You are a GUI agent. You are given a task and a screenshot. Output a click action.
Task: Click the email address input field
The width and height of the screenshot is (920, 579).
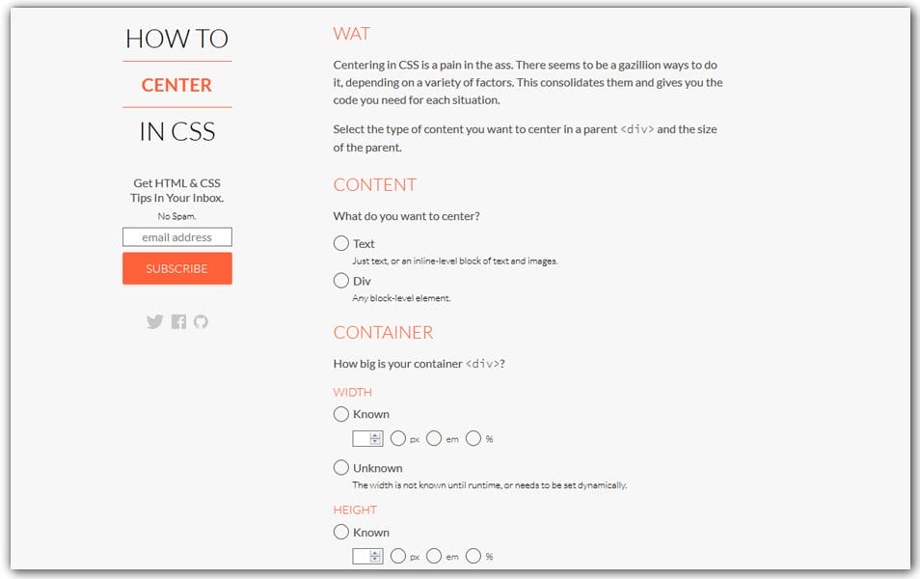click(177, 237)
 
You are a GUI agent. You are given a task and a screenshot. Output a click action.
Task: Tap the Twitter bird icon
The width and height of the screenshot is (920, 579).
click(154, 322)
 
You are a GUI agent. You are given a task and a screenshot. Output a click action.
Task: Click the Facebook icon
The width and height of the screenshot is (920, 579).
click(178, 322)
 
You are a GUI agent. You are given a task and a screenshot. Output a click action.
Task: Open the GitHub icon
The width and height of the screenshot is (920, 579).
click(201, 322)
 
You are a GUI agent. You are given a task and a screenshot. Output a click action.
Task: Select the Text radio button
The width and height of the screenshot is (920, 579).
click(341, 244)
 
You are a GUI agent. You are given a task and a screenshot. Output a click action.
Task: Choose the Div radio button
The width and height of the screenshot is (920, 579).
click(341, 281)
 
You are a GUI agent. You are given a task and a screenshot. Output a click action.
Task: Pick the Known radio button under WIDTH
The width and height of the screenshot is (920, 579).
click(341, 414)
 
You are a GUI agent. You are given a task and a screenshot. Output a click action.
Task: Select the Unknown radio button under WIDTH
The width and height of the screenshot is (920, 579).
click(341, 468)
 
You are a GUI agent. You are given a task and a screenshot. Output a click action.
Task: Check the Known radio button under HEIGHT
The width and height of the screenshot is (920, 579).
click(341, 532)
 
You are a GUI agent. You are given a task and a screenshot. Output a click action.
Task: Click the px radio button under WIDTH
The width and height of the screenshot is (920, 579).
click(399, 439)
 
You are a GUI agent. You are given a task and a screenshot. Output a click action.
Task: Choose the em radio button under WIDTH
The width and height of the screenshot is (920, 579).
click(434, 439)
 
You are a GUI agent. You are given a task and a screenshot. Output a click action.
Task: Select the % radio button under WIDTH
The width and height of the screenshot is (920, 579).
click(474, 439)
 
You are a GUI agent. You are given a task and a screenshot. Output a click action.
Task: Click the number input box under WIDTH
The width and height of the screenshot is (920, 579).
click(363, 439)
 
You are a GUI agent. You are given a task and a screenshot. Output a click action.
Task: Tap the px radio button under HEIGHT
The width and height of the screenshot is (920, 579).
click(399, 557)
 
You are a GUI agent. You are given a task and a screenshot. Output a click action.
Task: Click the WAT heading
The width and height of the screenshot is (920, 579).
click(352, 34)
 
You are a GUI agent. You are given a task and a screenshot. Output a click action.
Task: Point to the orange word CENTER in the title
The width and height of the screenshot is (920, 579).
click(176, 85)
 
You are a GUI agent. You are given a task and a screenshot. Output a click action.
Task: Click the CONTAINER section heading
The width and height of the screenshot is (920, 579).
click(383, 333)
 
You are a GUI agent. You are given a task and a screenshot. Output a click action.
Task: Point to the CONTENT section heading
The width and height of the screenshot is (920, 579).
click(374, 185)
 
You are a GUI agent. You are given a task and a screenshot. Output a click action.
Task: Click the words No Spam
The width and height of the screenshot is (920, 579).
click(176, 216)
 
